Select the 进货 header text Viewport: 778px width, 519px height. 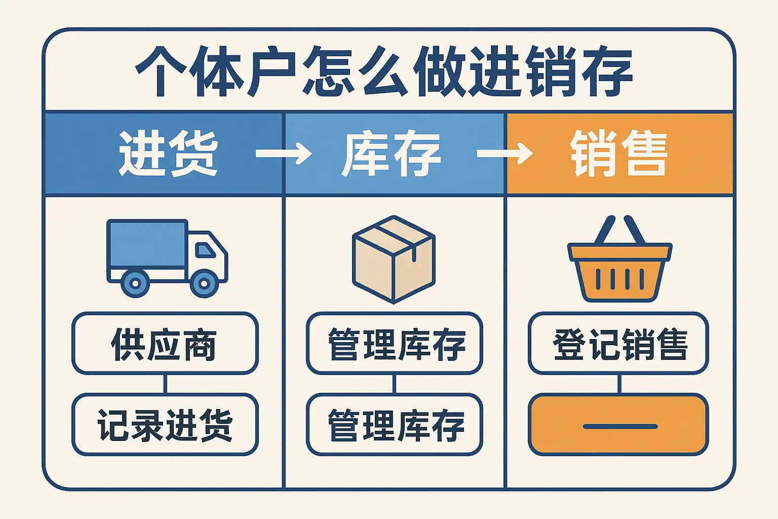[x=168, y=153]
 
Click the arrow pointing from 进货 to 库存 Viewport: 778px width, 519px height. [x=283, y=153]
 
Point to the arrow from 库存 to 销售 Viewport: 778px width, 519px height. [x=504, y=153]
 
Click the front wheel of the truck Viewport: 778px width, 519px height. [x=204, y=283]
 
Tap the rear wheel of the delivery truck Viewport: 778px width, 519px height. [x=135, y=283]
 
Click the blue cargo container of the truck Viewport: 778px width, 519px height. [x=147, y=244]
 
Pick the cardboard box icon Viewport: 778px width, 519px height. [x=394, y=259]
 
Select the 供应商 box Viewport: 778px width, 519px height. [x=165, y=344]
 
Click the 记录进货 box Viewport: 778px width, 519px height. [x=165, y=425]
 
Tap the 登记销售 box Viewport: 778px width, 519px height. [x=618, y=344]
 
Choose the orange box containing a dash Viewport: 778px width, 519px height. [x=618, y=425]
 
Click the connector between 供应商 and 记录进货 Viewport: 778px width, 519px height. [x=165, y=384]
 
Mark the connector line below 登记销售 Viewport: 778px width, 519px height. [x=619, y=384]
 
